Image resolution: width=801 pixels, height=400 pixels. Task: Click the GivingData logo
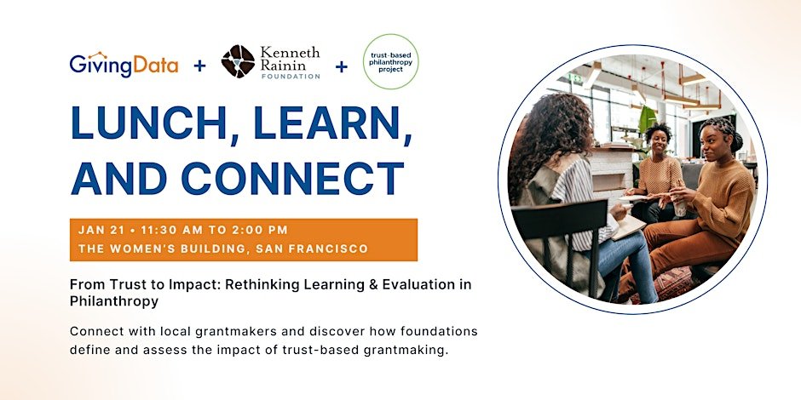point(124,65)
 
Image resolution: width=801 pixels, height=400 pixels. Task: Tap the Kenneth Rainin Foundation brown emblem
point(238,61)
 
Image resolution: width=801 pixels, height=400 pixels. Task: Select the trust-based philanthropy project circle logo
point(391,62)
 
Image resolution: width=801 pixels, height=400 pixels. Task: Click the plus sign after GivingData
point(199,66)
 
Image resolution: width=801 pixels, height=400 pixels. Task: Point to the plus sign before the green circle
point(341,66)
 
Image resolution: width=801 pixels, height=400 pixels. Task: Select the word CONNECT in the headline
point(293,178)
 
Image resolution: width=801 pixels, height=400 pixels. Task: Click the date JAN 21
point(101,230)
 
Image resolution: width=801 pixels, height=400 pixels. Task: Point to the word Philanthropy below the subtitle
point(114,301)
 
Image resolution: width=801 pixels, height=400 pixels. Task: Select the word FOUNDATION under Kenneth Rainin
point(291,76)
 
